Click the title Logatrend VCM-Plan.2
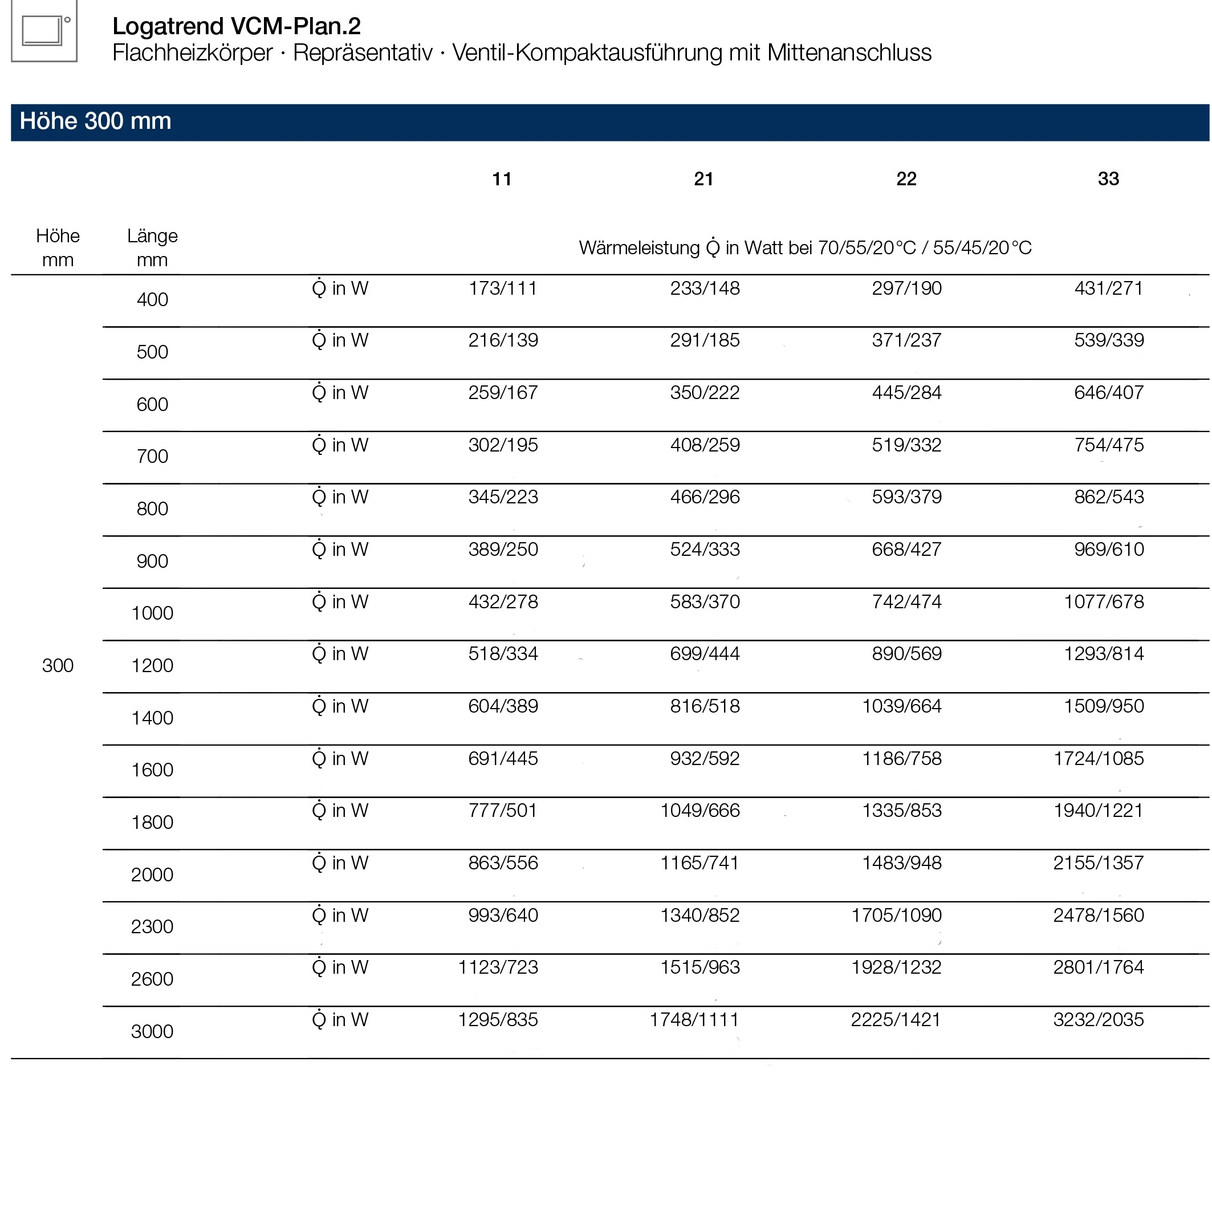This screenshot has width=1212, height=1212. [237, 26]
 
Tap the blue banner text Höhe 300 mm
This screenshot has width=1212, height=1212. [95, 121]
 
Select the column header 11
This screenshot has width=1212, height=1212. [501, 180]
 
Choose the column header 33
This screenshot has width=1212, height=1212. [1108, 180]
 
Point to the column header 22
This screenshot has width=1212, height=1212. [906, 180]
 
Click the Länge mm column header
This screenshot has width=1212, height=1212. [152, 248]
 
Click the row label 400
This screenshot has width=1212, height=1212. [152, 300]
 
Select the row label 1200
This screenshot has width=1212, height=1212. [152, 666]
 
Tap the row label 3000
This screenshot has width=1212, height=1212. [152, 1031]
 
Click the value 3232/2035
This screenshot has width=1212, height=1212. [1098, 1020]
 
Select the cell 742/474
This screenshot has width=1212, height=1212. [906, 602]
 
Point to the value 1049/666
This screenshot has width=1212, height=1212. [699, 811]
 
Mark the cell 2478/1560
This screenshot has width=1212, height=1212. [1098, 916]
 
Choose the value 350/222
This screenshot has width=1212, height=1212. [705, 393]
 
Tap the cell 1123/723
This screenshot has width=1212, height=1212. [498, 968]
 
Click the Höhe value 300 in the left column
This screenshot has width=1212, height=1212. [58, 666]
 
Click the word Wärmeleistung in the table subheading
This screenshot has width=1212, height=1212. [638, 249]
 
